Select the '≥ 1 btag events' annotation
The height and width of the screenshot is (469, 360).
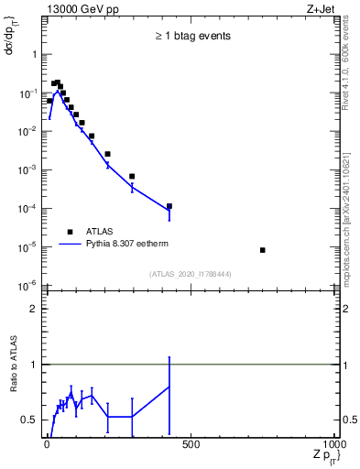click(x=191, y=36)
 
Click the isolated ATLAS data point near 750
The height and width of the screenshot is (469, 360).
click(x=263, y=250)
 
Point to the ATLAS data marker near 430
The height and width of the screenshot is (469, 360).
click(x=169, y=206)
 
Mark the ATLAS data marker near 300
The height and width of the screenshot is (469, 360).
click(x=132, y=176)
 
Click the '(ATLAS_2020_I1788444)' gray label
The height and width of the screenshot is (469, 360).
click(x=191, y=274)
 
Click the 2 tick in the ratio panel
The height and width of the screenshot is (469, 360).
click(x=34, y=309)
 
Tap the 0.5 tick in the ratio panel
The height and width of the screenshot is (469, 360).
click(x=29, y=420)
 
